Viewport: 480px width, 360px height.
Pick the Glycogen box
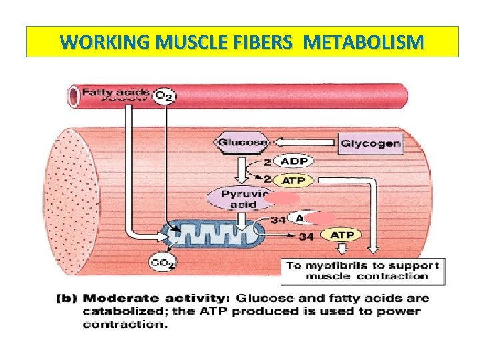coord(371,143)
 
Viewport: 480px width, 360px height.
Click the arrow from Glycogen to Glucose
coord(304,142)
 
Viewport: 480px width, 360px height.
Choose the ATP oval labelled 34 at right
coord(341,235)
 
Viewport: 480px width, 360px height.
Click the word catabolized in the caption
coord(120,311)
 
